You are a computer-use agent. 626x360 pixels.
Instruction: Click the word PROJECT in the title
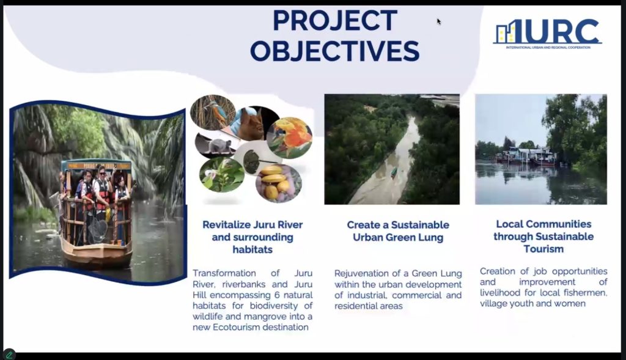(x=335, y=20)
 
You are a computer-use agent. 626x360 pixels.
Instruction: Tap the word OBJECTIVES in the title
(x=335, y=51)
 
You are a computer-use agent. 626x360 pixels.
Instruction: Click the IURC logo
(x=547, y=34)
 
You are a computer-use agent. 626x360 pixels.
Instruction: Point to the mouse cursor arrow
(x=439, y=21)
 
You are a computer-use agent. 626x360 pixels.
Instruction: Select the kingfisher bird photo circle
(x=213, y=112)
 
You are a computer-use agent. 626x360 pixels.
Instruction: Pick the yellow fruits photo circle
(x=279, y=183)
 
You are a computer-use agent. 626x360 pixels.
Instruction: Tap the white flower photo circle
(x=221, y=174)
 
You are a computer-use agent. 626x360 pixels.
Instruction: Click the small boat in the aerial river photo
(x=394, y=172)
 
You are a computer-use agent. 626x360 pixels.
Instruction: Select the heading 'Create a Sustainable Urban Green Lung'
(x=398, y=231)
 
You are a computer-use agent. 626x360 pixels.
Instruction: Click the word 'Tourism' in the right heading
(x=543, y=249)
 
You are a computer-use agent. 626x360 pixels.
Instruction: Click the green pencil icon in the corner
(x=9, y=354)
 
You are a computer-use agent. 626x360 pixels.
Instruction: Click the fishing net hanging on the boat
(x=97, y=230)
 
